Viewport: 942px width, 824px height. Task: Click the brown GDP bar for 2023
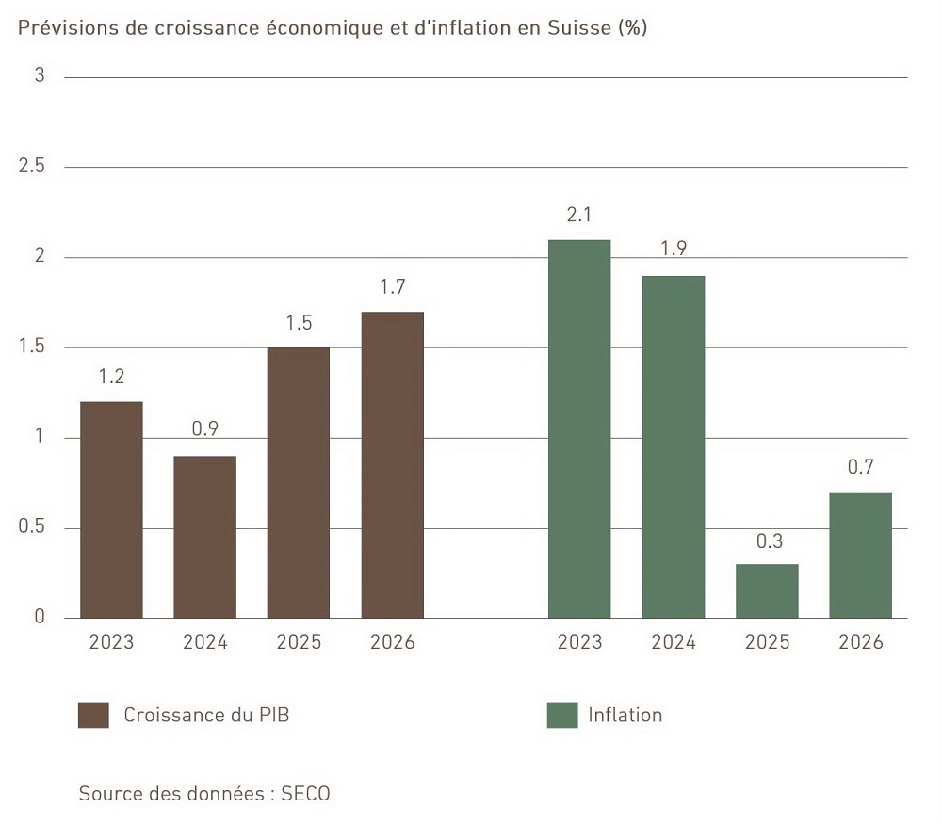[111, 509]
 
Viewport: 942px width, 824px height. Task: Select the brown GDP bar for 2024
[204, 537]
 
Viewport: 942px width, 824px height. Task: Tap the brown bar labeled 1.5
[298, 482]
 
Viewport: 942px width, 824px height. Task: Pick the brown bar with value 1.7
[392, 464]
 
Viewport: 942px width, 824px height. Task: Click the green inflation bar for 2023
[579, 428]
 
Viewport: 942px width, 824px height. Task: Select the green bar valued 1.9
[673, 446]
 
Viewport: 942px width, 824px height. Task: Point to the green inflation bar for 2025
[767, 591]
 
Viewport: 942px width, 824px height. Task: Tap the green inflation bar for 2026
[860, 555]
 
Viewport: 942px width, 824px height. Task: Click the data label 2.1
[579, 216]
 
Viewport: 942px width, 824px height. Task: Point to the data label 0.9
[204, 430]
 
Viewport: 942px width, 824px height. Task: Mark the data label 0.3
[767, 541]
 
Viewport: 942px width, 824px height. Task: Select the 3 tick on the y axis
[40, 76]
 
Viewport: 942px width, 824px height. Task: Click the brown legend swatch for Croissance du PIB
[93, 715]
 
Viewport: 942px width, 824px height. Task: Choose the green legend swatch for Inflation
[561, 715]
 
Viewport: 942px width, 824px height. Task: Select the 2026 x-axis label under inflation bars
[860, 642]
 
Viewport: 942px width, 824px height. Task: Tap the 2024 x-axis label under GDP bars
[204, 642]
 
